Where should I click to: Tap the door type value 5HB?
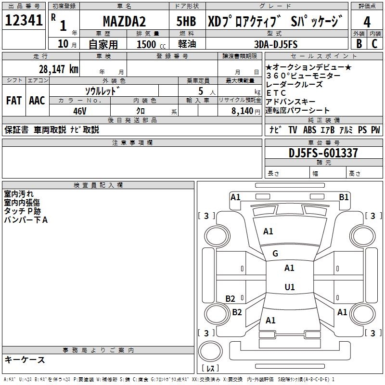coord(186,22)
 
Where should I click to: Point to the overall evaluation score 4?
coord(367,22)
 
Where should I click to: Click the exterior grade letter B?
coord(359,44)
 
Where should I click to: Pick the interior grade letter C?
coord(375,44)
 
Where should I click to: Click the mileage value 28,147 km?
coord(59,69)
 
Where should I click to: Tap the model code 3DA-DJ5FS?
coord(276,44)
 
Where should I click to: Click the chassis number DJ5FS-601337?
coord(323,153)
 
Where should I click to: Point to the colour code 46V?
coord(80,110)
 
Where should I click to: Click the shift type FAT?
coord(14,101)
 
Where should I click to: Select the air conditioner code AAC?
coord(37,101)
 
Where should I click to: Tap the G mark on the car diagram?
coord(275,254)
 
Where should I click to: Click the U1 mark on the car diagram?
coord(289,287)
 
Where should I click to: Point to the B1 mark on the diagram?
coord(344,197)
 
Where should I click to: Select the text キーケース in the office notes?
coord(25,359)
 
